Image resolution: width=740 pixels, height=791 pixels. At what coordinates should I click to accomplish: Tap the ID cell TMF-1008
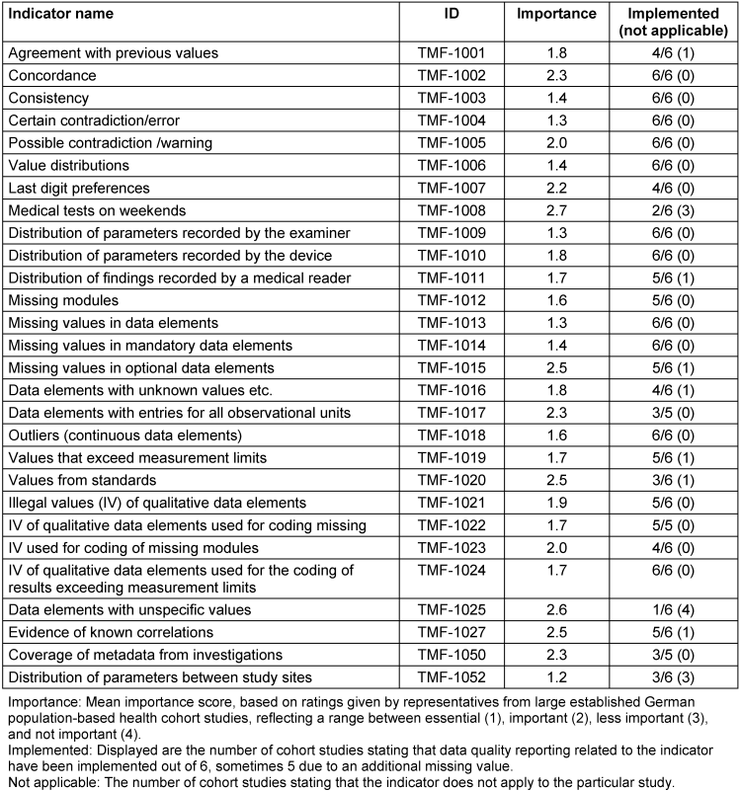click(x=450, y=210)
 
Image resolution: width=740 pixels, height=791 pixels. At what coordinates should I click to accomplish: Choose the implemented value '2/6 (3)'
click(x=672, y=210)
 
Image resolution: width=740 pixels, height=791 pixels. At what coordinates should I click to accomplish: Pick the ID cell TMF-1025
click(x=450, y=609)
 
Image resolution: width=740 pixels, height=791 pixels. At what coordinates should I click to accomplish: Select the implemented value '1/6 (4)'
click(x=672, y=609)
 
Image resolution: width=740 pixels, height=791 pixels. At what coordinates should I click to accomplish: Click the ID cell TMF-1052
click(x=450, y=677)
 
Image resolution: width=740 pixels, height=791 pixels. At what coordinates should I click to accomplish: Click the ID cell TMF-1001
click(x=450, y=51)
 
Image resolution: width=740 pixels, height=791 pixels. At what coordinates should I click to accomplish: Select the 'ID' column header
click(x=450, y=15)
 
